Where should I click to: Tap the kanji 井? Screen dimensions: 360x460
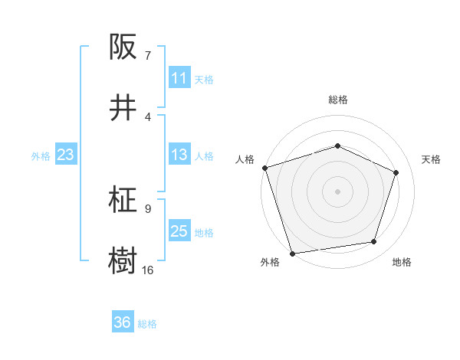tap(124, 107)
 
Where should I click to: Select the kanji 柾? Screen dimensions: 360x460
tap(124, 200)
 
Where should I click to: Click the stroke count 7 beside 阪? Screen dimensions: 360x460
tap(148, 56)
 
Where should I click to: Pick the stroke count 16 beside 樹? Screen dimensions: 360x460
tap(148, 270)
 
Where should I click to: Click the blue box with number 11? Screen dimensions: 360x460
tap(179, 78)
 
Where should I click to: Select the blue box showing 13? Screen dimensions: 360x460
tap(179, 155)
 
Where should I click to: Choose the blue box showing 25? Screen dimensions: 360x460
tap(179, 231)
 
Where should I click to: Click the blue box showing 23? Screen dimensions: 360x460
tap(66, 155)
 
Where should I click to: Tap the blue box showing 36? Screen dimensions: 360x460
tap(123, 322)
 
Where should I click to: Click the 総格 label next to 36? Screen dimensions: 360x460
tap(147, 324)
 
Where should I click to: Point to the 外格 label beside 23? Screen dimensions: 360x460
tap(41, 156)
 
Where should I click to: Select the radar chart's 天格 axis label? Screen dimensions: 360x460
tap(432, 159)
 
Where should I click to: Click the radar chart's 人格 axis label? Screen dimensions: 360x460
tap(245, 159)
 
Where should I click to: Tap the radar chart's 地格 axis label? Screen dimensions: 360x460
tap(402, 263)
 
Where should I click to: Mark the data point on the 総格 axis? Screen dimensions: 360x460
tap(337, 146)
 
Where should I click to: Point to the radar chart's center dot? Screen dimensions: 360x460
tap(337, 191)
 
